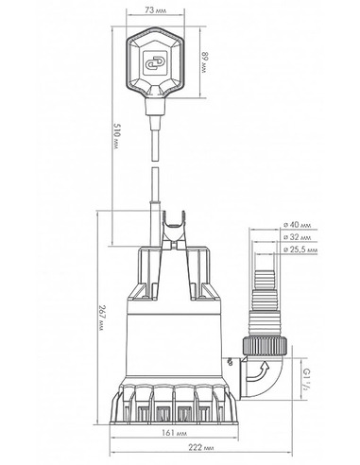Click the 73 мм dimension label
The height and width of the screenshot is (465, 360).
[156, 10]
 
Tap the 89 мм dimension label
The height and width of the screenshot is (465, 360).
[205, 62]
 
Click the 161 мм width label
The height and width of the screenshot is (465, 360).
[174, 433]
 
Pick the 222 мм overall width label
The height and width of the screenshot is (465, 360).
[200, 447]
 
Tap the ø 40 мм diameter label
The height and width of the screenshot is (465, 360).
[298, 225]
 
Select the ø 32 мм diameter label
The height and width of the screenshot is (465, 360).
[297, 237]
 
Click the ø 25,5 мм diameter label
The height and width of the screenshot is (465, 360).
[300, 250]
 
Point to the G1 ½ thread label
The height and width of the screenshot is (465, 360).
[305, 379]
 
